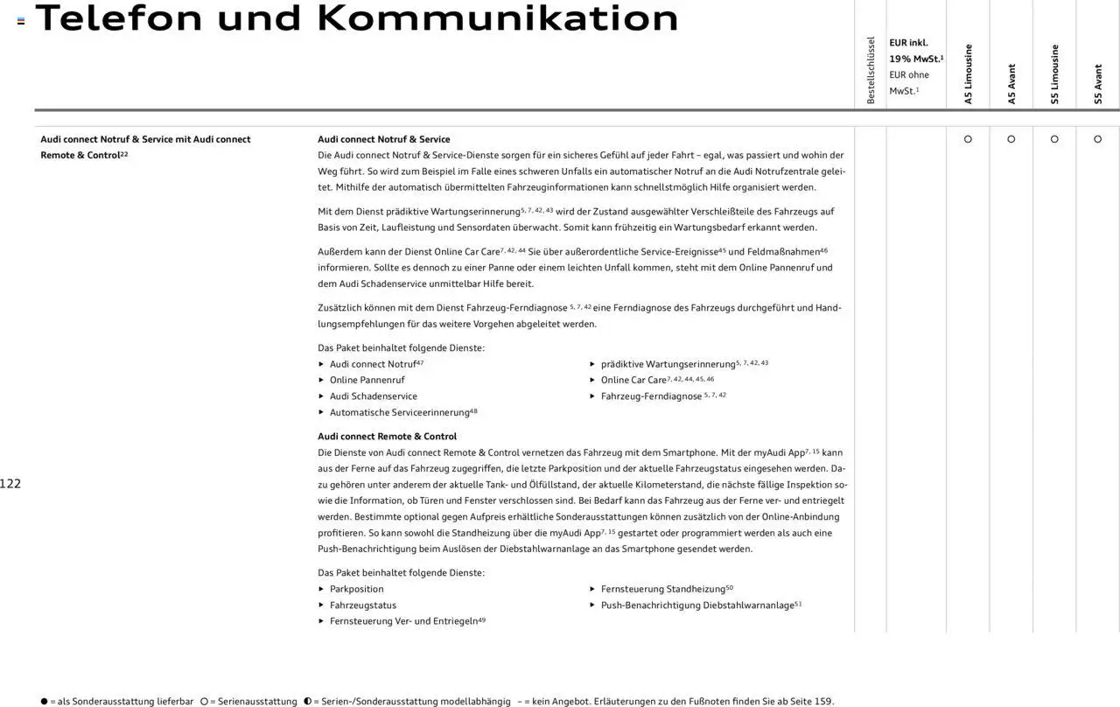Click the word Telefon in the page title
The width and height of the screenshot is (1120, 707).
118,18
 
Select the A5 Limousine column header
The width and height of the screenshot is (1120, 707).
969,74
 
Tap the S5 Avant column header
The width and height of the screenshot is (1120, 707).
1098,84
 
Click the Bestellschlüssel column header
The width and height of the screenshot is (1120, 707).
871,71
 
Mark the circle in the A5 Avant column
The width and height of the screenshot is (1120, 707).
1011,139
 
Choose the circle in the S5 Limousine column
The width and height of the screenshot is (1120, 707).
1054,139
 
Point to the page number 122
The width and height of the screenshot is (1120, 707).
10,484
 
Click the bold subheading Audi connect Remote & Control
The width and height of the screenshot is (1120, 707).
387,437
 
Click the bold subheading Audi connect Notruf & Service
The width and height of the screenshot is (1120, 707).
383,139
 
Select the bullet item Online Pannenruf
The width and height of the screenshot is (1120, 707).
367,381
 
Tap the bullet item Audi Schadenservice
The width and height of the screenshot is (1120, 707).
373,396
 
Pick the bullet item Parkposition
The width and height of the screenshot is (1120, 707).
356,590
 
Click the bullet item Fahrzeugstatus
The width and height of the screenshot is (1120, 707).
362,605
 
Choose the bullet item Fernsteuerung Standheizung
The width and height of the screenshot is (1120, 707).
662,590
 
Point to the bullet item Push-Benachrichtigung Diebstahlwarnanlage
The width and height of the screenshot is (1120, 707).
696,605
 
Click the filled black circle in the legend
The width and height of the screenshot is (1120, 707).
44,702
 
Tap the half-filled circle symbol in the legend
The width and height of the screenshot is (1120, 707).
308,702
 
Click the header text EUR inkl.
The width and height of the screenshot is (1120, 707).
908,43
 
